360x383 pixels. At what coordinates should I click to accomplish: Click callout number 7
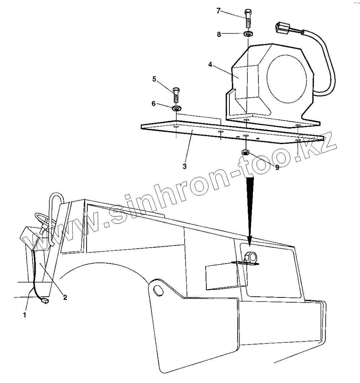tap(218, 10)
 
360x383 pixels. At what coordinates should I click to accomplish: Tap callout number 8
tap(218, 34)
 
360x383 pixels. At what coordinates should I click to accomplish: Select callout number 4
tap(210, 65)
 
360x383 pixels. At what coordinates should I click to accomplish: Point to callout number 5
tap(154, 79)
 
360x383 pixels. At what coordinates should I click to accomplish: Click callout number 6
tap(153, 103)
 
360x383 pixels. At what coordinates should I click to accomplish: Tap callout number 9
tap(277, 167)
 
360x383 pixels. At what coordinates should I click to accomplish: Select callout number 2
tap(65, 297)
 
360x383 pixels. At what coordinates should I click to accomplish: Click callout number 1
tap(25, 315)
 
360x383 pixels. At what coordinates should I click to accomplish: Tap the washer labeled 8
tap(248, 34)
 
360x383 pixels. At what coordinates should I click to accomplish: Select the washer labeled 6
tap(176, 108)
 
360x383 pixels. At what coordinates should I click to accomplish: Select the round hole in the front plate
tap(157, 289)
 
